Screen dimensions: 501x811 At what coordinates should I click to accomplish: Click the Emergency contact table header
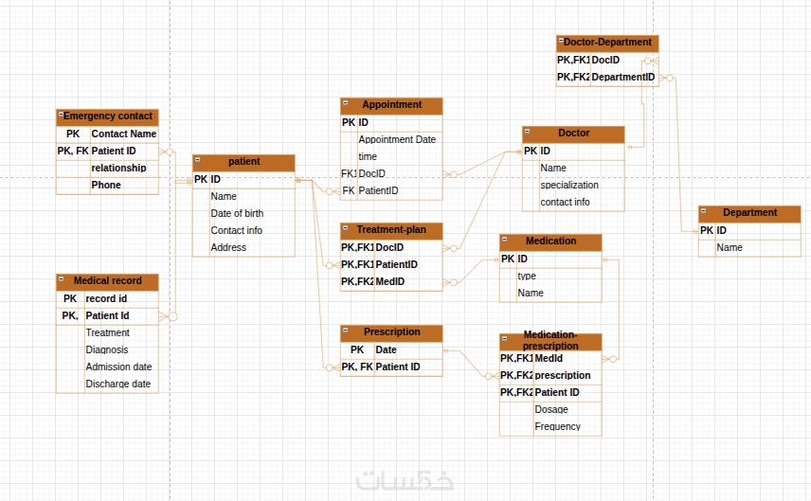coord(107,116)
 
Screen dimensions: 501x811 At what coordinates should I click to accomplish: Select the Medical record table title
coord(107,281)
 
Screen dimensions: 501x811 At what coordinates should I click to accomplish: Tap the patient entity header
coord(243,162)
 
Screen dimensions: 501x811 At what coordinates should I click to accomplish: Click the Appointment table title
coord(391,105)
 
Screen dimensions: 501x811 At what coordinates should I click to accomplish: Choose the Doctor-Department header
coord(607,43)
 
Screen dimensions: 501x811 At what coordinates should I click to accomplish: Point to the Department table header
coord(749,213)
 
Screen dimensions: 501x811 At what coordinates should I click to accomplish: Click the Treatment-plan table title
coord(391,230)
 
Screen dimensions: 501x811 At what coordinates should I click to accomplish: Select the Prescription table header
coord(391,332)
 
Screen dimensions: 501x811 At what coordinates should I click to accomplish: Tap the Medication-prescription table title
coord(550,340)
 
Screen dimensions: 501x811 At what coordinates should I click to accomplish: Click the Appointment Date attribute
coord(397,139)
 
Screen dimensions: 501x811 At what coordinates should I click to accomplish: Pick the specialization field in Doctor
coord(569,186)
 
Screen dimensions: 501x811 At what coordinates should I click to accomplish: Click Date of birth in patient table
coord(237,213)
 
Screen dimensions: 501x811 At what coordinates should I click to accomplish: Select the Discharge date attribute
coord(118,384)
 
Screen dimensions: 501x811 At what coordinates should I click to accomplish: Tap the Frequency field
coord(557,426)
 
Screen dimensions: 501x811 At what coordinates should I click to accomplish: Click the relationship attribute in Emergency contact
coord(118,168)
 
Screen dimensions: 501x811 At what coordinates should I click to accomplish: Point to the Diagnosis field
coord(107,349)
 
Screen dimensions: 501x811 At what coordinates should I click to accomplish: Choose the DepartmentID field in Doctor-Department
coord(622,77)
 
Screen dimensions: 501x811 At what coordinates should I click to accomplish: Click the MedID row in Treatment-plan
coord(389,281)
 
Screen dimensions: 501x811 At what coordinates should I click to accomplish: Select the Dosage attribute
coord(551,409)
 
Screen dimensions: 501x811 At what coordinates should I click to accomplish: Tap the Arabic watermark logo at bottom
coord(405,480)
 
